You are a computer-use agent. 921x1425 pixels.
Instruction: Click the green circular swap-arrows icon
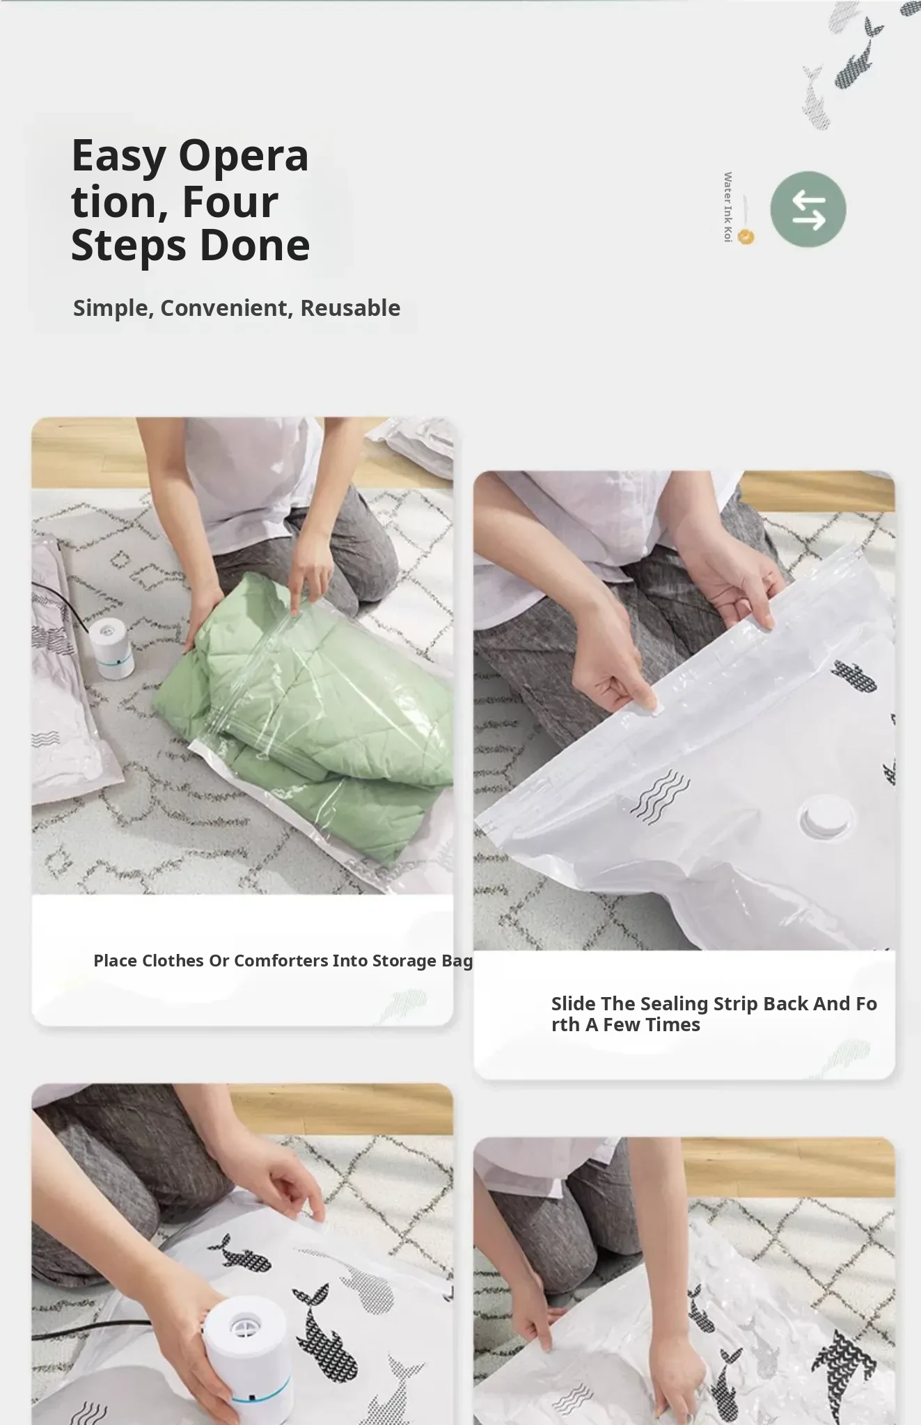808,209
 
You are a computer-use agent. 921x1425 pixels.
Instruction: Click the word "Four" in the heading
230,202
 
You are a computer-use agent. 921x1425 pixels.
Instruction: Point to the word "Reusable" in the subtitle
350,308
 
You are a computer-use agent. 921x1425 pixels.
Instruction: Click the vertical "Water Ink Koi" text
727,207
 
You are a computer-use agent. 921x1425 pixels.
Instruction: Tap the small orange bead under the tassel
746,237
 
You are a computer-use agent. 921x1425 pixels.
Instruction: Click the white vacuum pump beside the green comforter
111,646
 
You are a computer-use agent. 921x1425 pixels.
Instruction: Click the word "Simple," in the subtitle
113,308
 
